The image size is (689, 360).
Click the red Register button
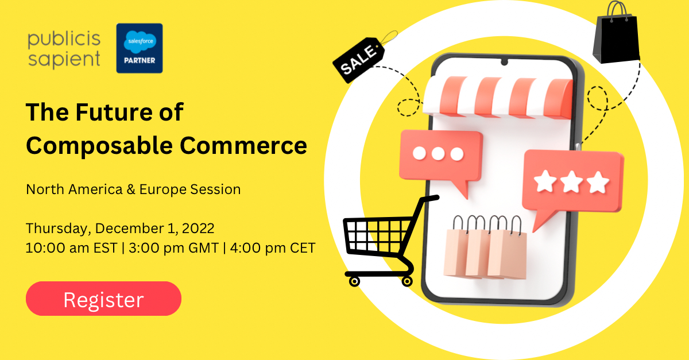pos(103,299)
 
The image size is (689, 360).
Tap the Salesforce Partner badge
pos(139,48)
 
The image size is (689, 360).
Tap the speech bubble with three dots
pos(440,156)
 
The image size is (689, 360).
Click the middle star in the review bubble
pos(571,182)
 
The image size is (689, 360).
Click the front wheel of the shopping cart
pos(354,281)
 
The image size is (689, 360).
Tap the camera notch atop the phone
pos(504,61)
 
